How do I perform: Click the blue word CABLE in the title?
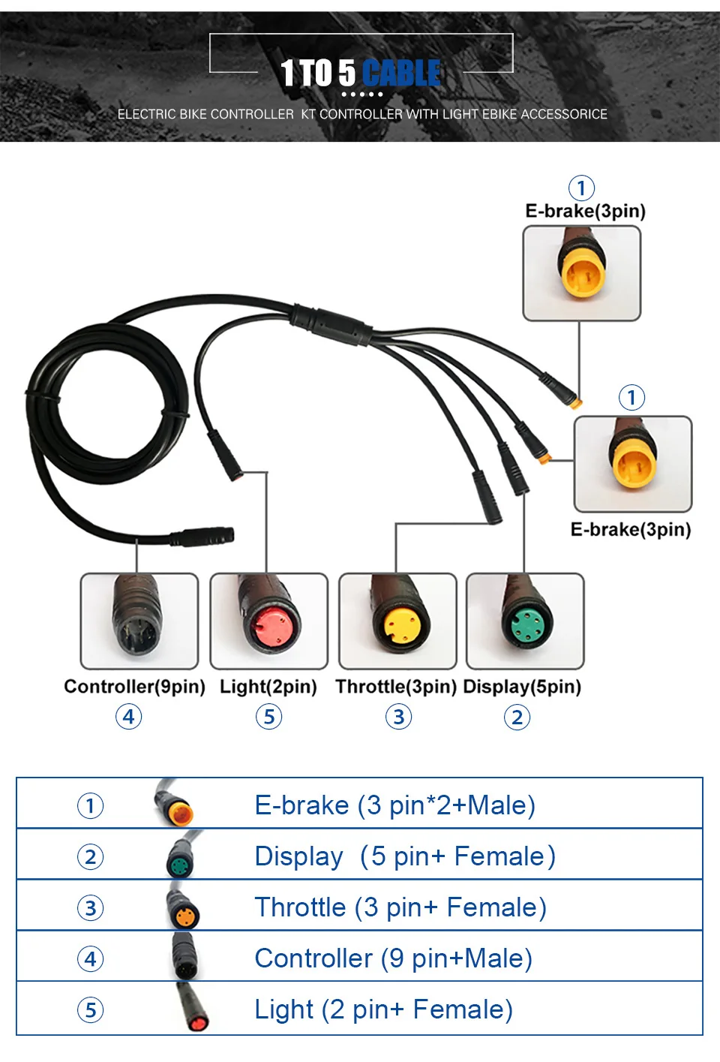[x=402, y=73]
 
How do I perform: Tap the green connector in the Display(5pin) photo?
[x=526, y=620]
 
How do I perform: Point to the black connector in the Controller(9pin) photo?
[x=138, y=616]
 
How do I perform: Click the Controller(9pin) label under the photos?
[x=134, y=687]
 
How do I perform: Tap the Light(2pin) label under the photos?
[x=268, y=687]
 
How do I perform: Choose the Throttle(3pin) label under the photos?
[x=396, y=687]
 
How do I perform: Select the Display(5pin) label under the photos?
[x=522, y=687]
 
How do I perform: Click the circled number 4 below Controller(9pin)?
[x=129, y=717]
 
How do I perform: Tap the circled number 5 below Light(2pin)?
[x=268, y=717]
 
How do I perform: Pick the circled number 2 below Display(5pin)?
[x=517, y=718]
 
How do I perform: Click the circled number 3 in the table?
[x=91, y=908]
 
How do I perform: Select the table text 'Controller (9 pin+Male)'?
[x=394, y=958]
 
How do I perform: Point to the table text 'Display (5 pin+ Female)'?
[x=405, y=856]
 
